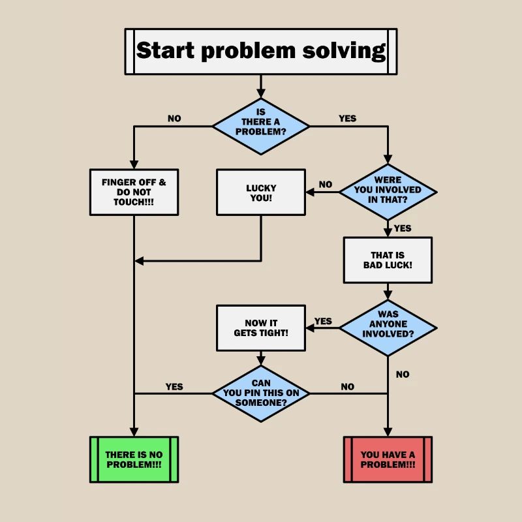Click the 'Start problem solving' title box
point(261,51)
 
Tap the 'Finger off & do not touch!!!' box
point(134,192)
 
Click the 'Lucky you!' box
point(261,192)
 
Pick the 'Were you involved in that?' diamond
point(388,192)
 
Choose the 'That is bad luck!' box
point(388,260)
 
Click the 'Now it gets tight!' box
point(261,328)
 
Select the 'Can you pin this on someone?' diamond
point(261,393)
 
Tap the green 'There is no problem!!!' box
point(134,459)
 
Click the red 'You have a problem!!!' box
point(388,459)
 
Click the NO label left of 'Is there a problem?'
point(174,119)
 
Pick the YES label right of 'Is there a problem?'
point(348,119)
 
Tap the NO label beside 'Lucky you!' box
point(326,185)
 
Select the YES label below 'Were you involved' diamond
point(403,228)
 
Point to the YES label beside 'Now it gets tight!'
point(323,321)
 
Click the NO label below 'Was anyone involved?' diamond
point(403,375)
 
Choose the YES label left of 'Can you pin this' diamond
point(174,386)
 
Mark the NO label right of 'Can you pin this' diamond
point(348,387)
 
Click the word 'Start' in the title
point(166,51)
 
